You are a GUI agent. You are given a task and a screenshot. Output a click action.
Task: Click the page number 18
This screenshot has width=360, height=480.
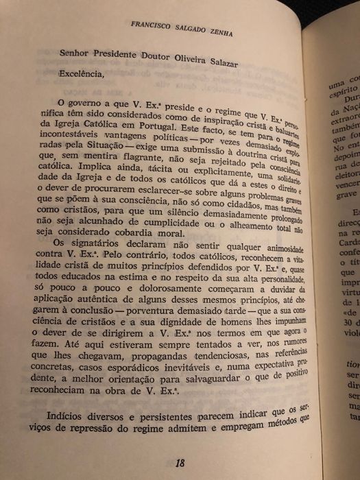pyautogui.click(x=180, y=443)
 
